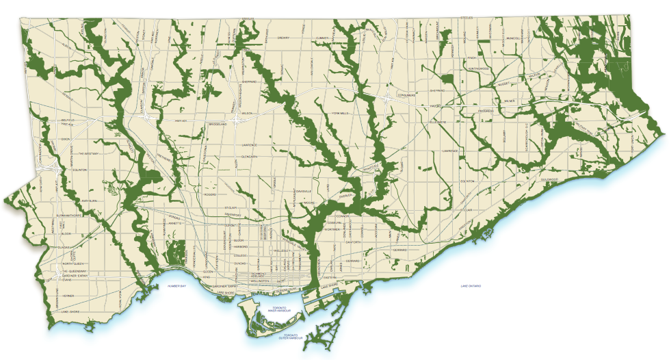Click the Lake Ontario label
(470, 284)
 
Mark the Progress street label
(486, 110)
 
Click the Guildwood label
(549, 179)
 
